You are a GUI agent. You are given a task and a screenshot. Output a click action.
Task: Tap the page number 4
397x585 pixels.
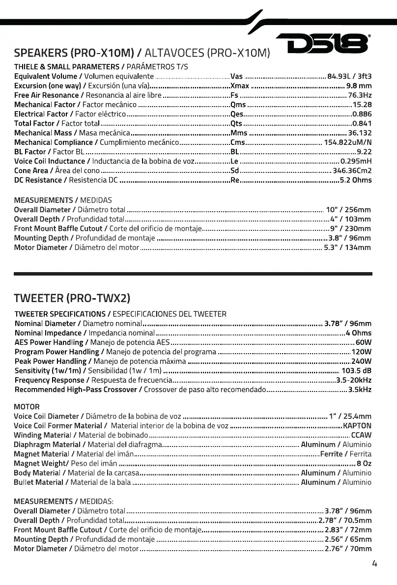click(x=374, y=563)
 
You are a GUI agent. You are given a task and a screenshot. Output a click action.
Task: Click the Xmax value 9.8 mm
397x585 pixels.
click(x=359, y=85)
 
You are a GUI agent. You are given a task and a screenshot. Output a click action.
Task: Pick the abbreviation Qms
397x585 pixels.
click(x=238, y=105)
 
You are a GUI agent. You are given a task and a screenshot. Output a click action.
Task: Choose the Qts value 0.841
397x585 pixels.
click(x=362, y=123)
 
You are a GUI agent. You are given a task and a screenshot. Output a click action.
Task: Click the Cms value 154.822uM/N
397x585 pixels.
click(x=347, y=142)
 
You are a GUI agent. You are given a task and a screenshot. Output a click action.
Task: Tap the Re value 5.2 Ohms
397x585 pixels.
click(x=356, y=180)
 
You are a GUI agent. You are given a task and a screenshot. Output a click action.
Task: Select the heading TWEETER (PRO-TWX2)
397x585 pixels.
click(x=72, y=298)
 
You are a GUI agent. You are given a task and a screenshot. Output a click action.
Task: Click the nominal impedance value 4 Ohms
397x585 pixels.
click(x=358, y=333)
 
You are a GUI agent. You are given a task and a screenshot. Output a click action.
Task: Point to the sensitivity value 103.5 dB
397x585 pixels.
click(x=356, y=370)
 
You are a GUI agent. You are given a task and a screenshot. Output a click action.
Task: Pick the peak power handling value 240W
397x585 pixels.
click(x=361, y=361)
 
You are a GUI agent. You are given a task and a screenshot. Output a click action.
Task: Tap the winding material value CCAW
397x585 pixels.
click(x=361, y=435)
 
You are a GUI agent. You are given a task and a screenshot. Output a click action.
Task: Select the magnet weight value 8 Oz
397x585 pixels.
click(x=364, y=463)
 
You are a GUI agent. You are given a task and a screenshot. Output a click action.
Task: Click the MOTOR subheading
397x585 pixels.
click(x=27, y=407)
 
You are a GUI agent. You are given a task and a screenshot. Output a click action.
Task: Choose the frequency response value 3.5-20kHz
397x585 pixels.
click(x=354, y=380)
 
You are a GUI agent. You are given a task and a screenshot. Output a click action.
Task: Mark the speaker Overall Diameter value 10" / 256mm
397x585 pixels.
click(x=348, y=210)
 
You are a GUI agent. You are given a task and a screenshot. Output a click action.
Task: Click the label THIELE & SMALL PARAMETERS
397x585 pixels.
click(x=66, y=66)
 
